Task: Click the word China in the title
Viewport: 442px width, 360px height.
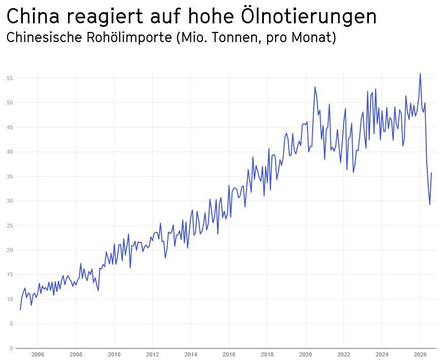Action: pyautogui.click(x=33, y=16)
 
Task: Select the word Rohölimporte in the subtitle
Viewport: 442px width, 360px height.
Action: pyautogui.click(x=129, y=37)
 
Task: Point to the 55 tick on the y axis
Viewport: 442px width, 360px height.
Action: pyautogui.click(x=10, y=78)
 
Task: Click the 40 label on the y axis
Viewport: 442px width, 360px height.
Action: pyautogui.click(x=10, y=152)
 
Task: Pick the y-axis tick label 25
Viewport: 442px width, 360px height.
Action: pyautogui.click(x=10, y=226)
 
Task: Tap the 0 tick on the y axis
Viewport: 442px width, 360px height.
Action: pyautogui.click(x=11, y=348)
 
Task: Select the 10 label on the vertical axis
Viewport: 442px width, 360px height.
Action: pyautogui.click(x=10, y=299)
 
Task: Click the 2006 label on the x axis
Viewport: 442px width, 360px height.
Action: pyautogui.click(x=38, y=354)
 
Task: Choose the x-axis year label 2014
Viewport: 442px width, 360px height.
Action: pyautogui.click(x=191, y=354)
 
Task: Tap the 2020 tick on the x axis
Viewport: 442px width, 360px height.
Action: pyautogui.click(x=305, y=354)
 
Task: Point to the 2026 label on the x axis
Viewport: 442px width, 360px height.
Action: pyautogui.click(x=420, y=354)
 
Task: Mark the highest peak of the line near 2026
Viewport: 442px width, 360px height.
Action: pyautogui.click(x=420, y=73)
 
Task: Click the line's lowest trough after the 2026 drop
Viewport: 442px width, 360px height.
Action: pyautogui.click(x=430, y=204)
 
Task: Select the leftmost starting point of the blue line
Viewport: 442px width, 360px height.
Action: pyautogui.click(x=20, y=310)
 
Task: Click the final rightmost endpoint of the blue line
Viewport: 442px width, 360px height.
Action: pyautogui.click(x=431, y=173)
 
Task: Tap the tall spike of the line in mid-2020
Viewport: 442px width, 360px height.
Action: pyautogui.click(x=315, y=87)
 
